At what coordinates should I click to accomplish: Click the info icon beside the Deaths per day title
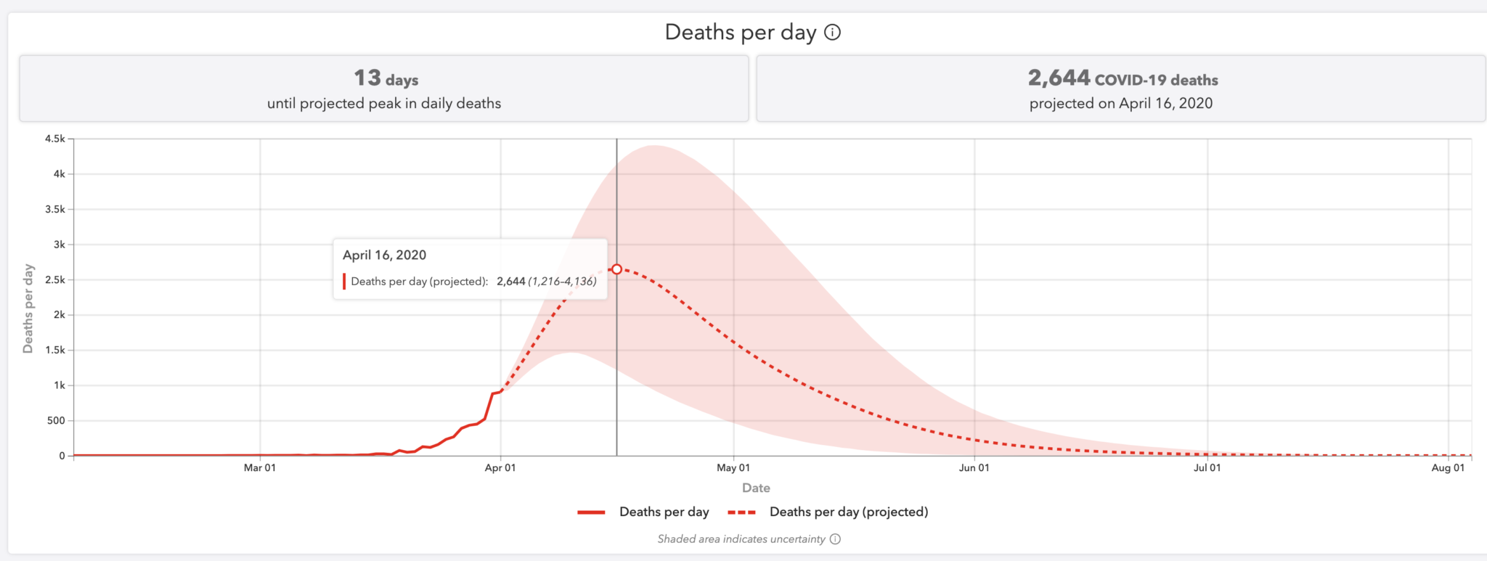pyautogui.click(x=833, y=33)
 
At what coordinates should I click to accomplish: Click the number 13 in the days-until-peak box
pyautogui.click(x=367, y=78)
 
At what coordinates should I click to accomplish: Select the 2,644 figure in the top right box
pyautogui.click(x=1059, y=78)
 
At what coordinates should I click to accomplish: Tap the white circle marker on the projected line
pyautogui.click(x=616, y=269)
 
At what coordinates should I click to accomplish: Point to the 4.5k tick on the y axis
pyautogui.click(x=55, y=139)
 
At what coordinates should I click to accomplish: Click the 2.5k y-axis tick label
pyautogui.click(x=55, y=279)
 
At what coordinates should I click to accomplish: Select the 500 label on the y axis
pyautogui.click(x=56, y=420)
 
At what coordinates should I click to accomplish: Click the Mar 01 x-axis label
pyautogui.click(x=260, y=468)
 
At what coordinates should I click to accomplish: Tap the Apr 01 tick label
pyautogui.click(x=500, y=468)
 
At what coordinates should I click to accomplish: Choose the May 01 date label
pyautogui.click(x=733, y=468)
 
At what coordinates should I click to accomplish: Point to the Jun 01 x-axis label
pyautogui.click(x=974, y=468)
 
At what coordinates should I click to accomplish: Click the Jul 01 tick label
pyautogui.click(x=1207, y=468)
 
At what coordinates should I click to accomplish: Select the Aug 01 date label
pyautogui.click(x=1448, y=468)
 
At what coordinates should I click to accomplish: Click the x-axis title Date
pyautogui.click(x=756, y=488)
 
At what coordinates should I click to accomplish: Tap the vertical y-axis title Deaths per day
pyautogui.click(x=28, y=308)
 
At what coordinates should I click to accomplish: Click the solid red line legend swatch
pyautogui.click(x=591, y=512)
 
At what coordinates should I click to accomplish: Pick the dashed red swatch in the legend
pyautogui.click(x=742, y=512)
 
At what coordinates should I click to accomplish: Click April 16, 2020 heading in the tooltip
pyautogui.click(x=384, y=255)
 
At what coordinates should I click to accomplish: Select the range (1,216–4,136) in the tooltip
pyautogui.click(x=562, y=282)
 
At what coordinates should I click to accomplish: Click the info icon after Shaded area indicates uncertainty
pyautogui.click(x=835, y=539)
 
